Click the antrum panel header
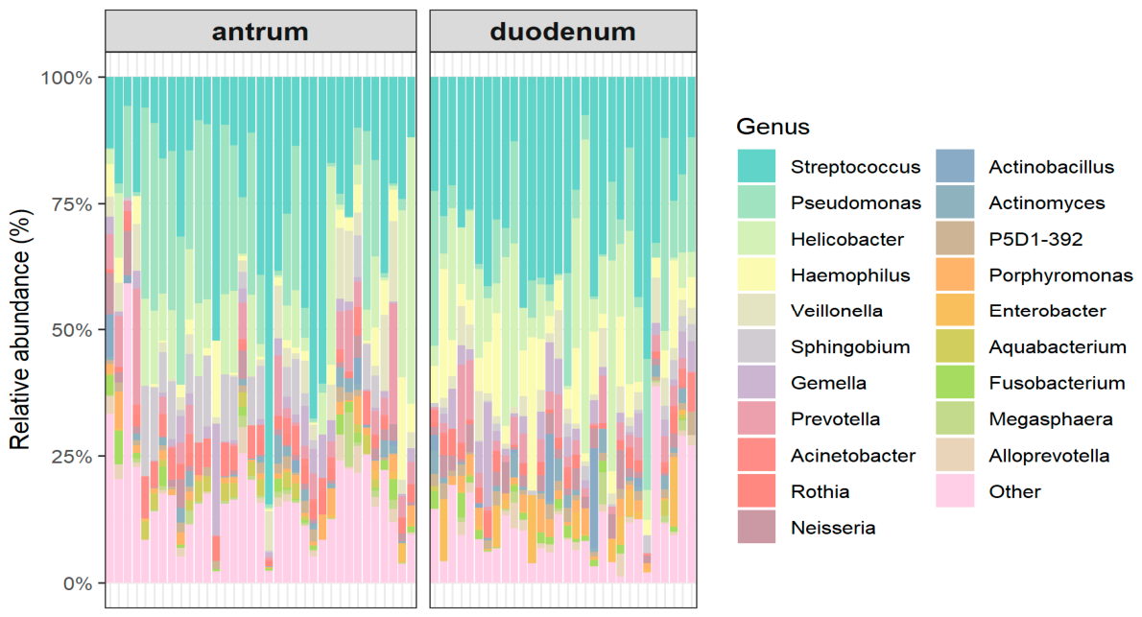(x=260, y=32)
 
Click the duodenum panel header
(x=562, y=32)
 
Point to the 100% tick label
(x=66, y=77)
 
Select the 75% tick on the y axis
(x=70, y=203)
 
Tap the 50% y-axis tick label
(x=70, y=330)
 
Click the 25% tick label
(x=70, y=456)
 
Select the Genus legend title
(x=773, y=127)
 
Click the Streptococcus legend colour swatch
(x=756, y=167)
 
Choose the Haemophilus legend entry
(x=849, y=275)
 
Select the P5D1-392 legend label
(x=1035, y=240)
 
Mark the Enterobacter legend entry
(x=1047, y=311)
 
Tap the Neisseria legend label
(x=833, y=527)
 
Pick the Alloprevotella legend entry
(x=1049, y=456)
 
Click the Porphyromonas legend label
(x=1060, y=275)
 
